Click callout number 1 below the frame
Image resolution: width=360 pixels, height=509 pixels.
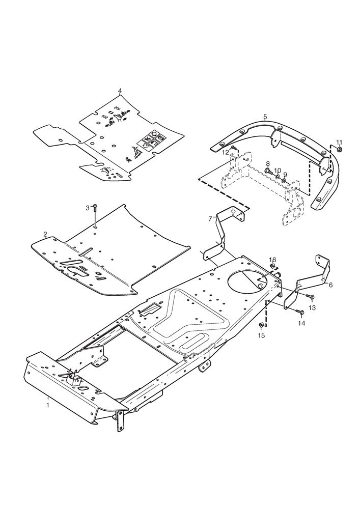pos(48,405)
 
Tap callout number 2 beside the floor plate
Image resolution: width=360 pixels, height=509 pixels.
pos(45,234)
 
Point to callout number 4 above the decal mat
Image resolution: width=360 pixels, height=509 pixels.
pos(120,91)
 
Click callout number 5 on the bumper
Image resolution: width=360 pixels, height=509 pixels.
pos(265,116)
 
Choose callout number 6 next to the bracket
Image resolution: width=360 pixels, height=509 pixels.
pos(331,285)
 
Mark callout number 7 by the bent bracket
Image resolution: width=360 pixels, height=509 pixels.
pos(210,218)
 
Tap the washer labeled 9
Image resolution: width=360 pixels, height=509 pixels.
pos(284,181)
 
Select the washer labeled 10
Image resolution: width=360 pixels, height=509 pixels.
pos(278,177)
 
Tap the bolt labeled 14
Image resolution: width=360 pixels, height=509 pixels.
pos(299,312)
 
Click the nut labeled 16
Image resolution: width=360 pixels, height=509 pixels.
pos(273,266)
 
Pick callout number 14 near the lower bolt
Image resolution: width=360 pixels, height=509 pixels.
pos(302,323)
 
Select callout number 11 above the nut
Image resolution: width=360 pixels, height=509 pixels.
pos(339,142)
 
